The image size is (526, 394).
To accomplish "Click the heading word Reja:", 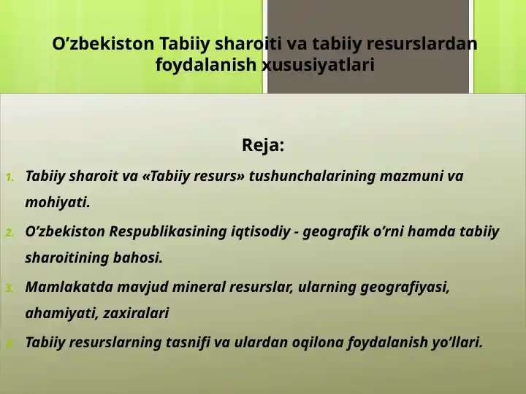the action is click(263, 146).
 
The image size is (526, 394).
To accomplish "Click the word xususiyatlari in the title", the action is click(318, 64).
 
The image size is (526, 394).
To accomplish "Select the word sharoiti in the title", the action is click(248, 44).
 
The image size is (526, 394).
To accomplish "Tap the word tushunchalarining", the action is click(312, 177).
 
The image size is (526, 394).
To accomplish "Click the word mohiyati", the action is click(58, 202).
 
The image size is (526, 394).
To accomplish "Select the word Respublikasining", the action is click(168, 232).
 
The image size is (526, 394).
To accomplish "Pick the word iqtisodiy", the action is click(261, 232).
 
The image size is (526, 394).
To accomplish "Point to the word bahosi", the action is click(138, 258).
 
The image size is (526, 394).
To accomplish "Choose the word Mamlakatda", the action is click(69, 287).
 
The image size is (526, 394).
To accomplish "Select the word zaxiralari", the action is click(136, 313).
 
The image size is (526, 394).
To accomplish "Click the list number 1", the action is click(10, 177).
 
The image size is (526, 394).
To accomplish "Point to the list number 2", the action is click(9, 233).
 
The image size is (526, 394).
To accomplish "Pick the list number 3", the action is click(9, 288).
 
